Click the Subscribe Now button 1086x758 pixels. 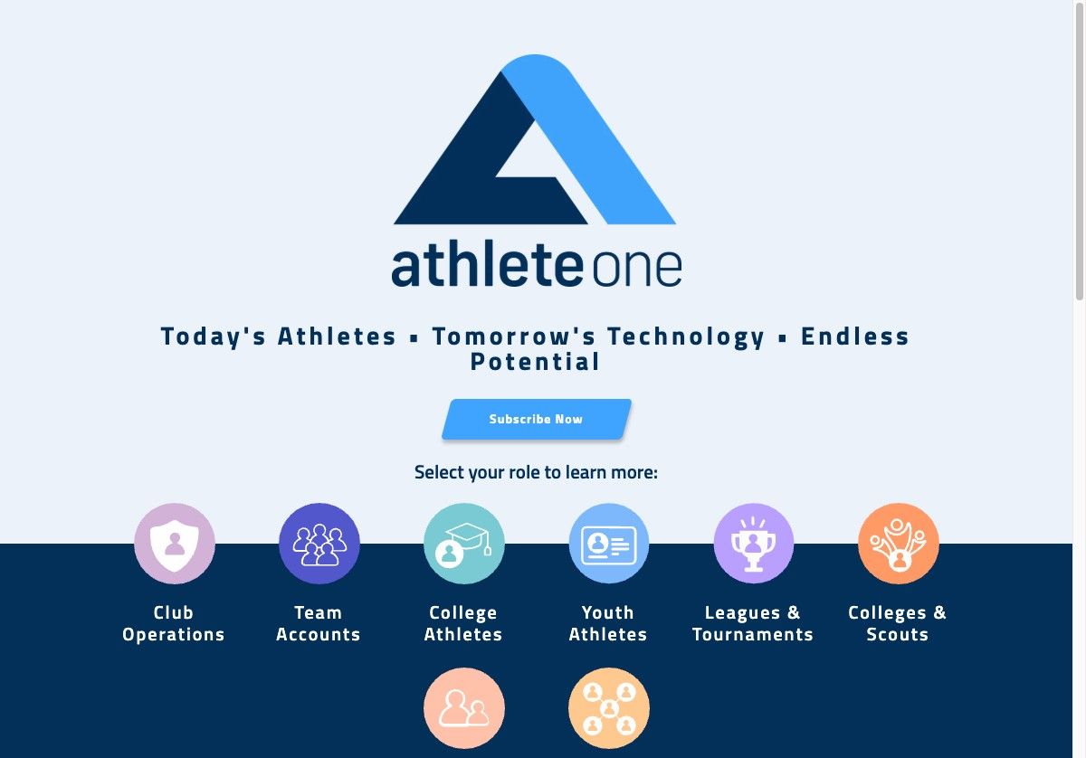[536, 420]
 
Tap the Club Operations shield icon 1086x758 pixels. [175, 544]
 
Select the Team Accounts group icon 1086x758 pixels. [319, 544]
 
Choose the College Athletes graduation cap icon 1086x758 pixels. [464, 544]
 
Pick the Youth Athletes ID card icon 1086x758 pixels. [609, 544]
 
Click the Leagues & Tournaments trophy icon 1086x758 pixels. [754, 544]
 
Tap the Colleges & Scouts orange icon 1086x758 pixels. [899, 544]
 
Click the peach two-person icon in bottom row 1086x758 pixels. [464, 708]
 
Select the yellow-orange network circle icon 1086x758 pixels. [609, 708]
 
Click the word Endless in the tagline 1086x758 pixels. [855, 336]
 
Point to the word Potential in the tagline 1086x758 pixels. [535, 362]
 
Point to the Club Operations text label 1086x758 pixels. [174, 624]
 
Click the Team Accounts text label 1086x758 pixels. [319, 624]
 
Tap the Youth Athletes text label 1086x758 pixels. [608, 624]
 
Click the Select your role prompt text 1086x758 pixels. [536, 472]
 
